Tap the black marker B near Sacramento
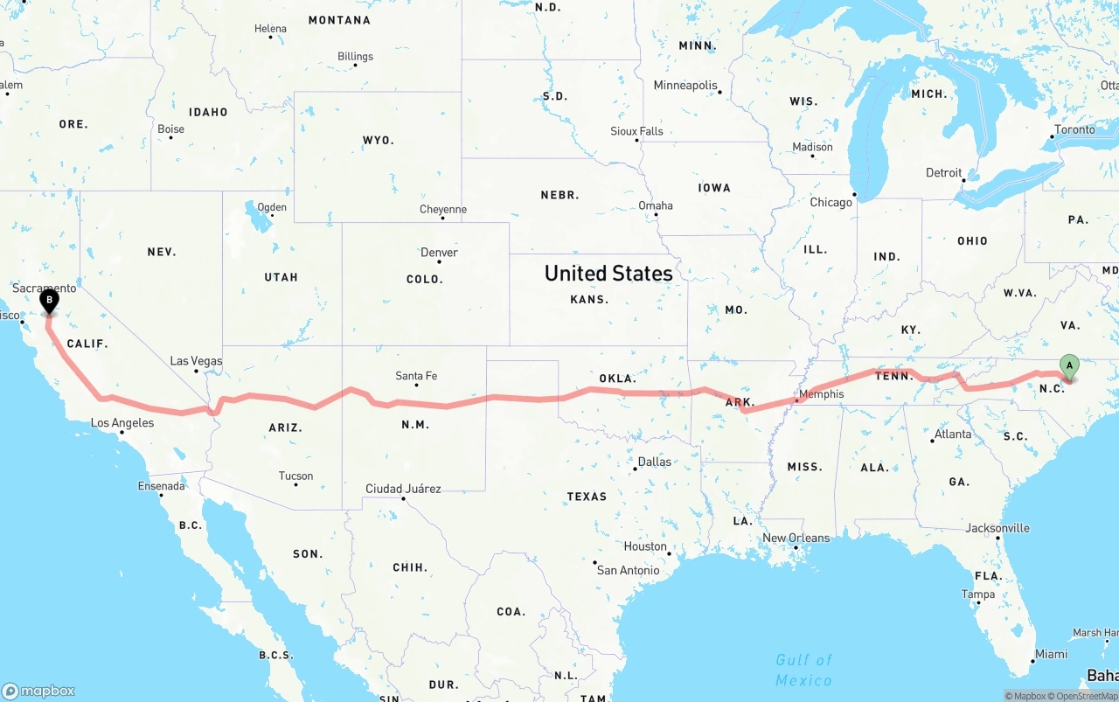50,302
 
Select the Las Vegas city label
196,361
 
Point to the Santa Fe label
416,376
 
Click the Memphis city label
822,394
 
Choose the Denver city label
439,253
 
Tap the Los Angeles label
122,423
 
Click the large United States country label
608,274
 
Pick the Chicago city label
831,202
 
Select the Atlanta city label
952,434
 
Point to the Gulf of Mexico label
803,670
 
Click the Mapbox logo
38,691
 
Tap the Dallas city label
655,462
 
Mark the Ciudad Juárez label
403,489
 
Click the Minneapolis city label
685,86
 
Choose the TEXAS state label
587,497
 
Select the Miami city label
1051,654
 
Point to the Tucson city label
295,476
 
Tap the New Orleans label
796,538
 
